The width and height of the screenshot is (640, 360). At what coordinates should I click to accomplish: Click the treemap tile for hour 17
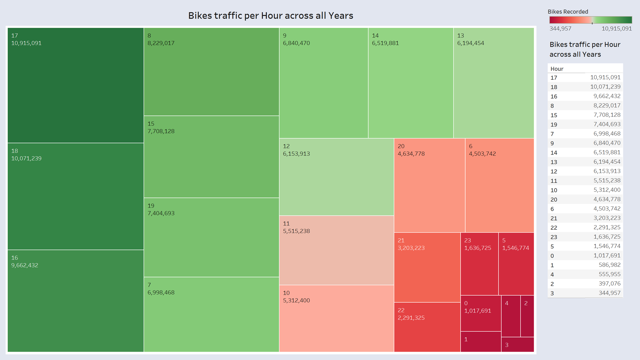(76, 85)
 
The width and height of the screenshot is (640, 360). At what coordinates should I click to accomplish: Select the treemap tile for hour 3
(517, 345)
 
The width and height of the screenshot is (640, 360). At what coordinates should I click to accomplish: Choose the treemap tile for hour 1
(481, 341)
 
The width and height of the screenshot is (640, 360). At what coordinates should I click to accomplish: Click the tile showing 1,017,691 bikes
(481, 313)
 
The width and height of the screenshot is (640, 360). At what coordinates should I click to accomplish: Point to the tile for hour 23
(479, 264)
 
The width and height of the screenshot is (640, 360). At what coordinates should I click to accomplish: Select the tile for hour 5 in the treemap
(516, 264)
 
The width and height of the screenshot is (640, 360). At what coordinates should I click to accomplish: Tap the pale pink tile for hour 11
(336, 250)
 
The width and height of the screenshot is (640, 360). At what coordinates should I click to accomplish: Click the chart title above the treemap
(270, 16)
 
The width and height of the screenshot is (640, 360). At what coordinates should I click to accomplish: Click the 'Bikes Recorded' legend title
(568, 12)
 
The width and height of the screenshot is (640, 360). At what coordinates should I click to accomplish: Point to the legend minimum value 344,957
(560, 28)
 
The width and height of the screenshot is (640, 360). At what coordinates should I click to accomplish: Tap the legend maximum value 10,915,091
(617, 28)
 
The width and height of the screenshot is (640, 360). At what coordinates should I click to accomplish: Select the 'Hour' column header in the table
(557, 69)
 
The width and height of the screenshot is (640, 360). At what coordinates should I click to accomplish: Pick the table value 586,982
(609, 265)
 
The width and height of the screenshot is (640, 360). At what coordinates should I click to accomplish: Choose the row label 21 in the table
(554, 218)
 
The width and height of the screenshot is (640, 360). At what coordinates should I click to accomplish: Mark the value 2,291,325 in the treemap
(411, 318)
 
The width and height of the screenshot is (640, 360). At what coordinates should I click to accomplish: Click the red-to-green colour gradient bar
(590, 20)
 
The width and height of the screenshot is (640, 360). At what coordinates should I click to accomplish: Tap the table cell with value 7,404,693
(607, 124)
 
